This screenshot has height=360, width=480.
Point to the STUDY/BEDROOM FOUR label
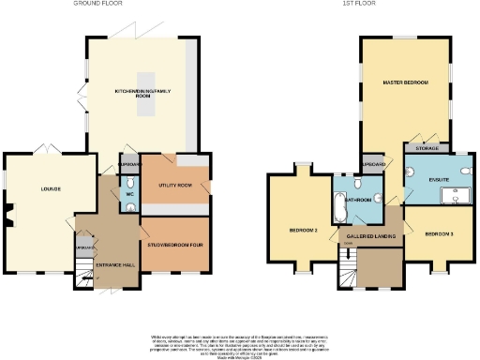click(x=174, y=247)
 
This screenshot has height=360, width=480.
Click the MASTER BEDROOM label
click(x=405, y=83)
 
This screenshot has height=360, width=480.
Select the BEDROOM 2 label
click(x=302, y=229)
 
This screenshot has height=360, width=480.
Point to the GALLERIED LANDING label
click(x=369, y=235)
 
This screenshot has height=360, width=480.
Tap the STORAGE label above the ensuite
click(x=426, y=147)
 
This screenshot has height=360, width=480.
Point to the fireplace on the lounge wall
click(x=7, y=216)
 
